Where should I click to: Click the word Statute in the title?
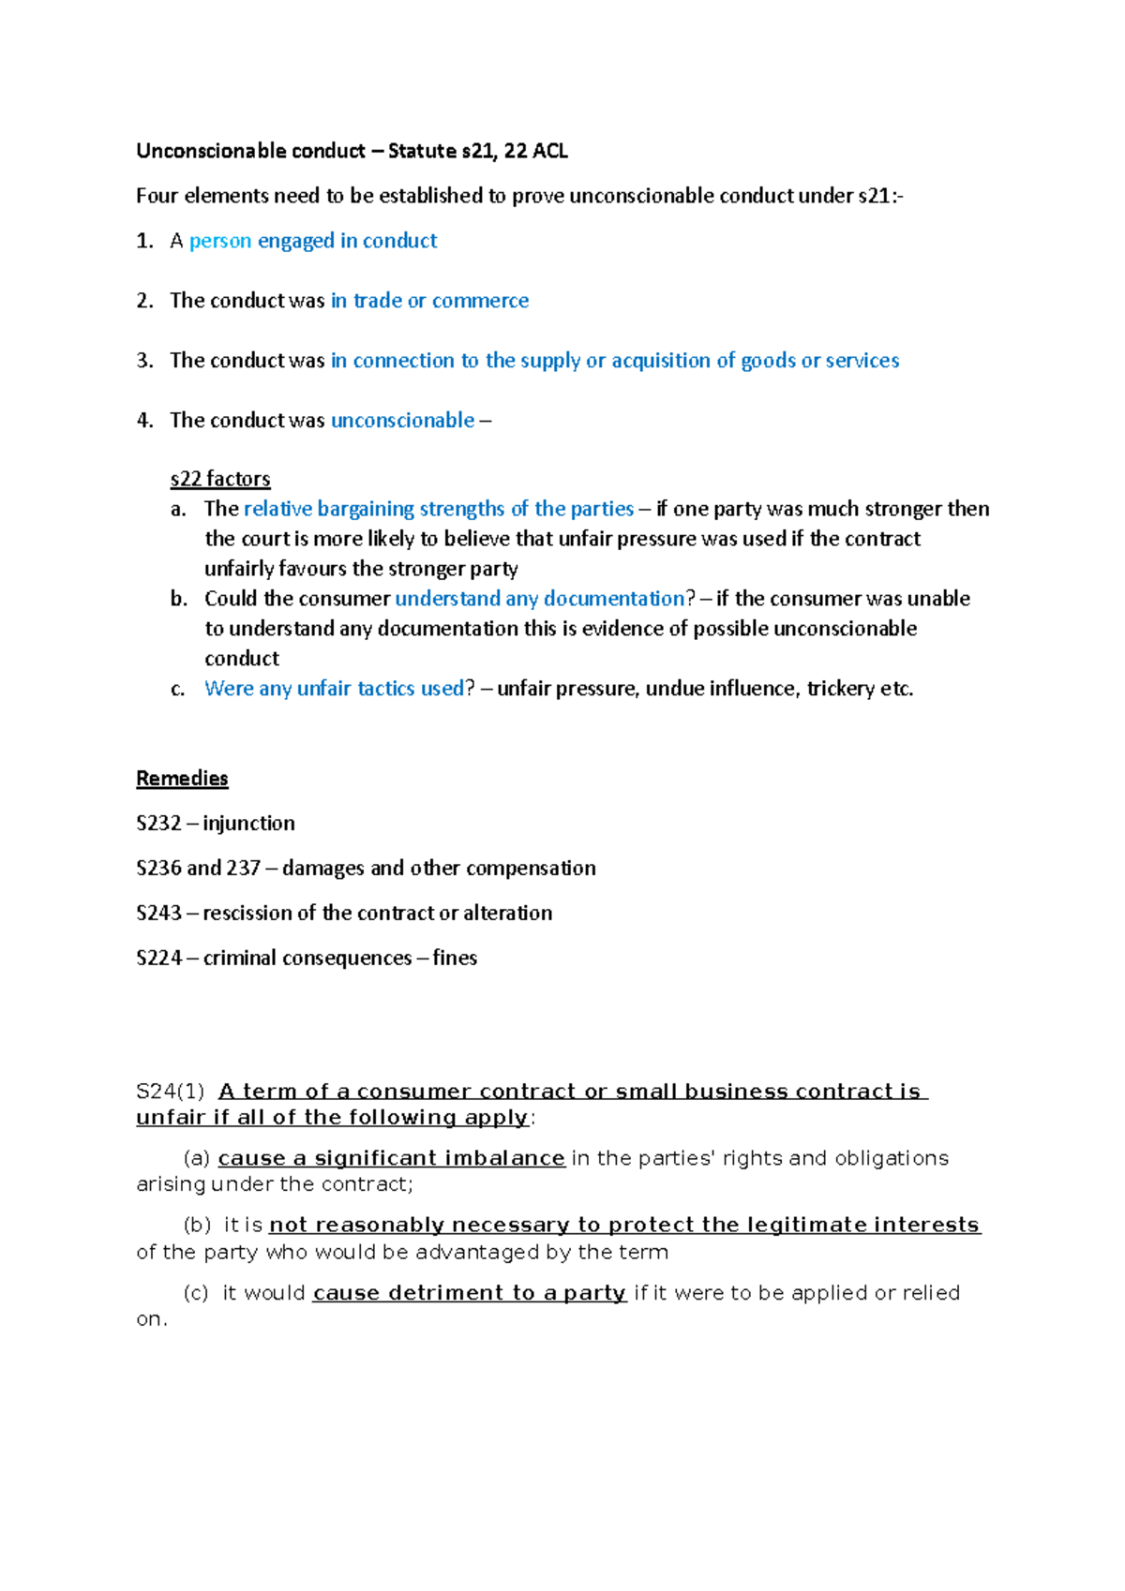(x=421, y=151)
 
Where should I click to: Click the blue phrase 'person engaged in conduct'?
(x=313, y=241)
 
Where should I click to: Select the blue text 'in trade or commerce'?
(x=429, y=301)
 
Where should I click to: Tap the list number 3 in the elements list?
(x=144, y=361)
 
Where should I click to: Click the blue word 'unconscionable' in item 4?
(x=402, y=421)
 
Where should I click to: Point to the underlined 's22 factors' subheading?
(x=220, y=479)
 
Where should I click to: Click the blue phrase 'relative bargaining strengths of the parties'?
(x=439, y=509)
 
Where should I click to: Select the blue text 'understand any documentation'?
(x=540, y=599)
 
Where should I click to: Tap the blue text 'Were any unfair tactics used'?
(x=334, y=689)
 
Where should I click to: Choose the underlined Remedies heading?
(x=182, y=779)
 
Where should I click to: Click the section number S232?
(x=158, y=824)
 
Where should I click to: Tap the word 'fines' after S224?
(x=455, y=959)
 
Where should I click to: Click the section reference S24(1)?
(x=170, y=1092)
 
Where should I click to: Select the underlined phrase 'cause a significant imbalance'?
(x=391, y=1159)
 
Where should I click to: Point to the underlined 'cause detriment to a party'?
(x=469, y=1293)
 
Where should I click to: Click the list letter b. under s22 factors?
(x=179, y=599)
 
